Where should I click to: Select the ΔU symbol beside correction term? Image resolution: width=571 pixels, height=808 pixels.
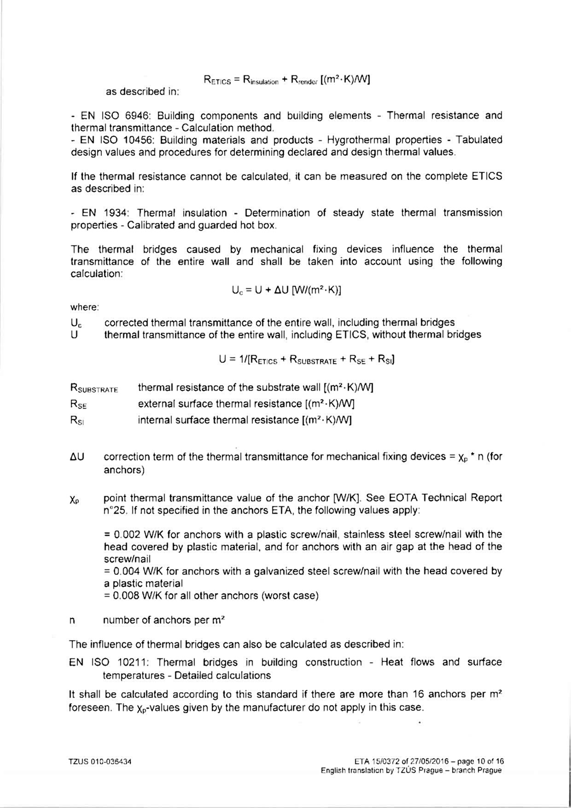click(77, 457)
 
